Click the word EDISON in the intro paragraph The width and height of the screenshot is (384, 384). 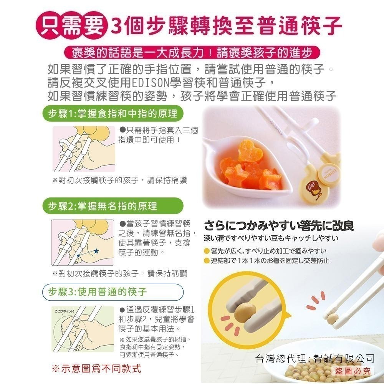tap(150, 83)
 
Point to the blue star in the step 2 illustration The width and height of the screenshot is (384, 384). tap(96, 251)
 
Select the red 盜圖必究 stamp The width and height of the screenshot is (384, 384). tap(353, 371)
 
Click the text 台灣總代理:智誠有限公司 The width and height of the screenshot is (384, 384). tap(315, 359)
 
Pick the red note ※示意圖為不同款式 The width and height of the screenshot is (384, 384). tap(96, 369)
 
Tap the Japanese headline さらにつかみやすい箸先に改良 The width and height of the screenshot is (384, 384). tap(278, 225)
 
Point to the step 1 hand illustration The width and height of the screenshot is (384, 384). tap(84, 149)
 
